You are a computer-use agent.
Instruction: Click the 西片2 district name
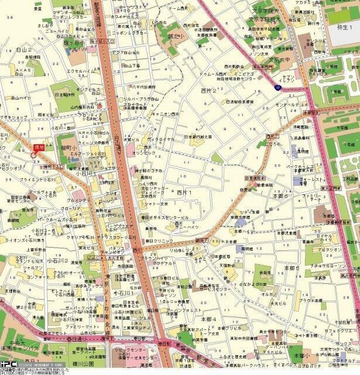pos(209,91)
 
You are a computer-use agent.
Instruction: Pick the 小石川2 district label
pos(58,261)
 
